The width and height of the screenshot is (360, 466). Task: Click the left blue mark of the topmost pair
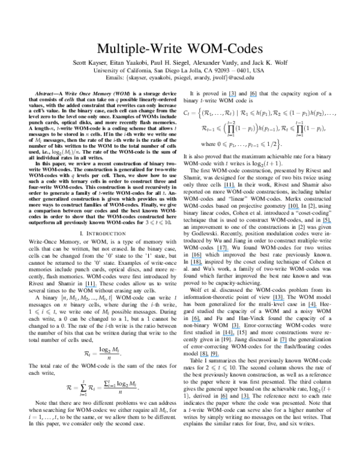233,96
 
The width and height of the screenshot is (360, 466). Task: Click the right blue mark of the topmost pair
253,96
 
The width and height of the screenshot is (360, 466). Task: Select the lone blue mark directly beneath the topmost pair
229,187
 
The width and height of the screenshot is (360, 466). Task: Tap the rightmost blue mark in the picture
327,223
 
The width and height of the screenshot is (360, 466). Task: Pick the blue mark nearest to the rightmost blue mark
293,208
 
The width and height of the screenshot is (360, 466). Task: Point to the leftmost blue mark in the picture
91,287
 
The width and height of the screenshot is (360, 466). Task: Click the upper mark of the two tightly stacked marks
196,258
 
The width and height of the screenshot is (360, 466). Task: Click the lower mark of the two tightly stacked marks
196,264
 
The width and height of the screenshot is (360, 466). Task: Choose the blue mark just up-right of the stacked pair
223,251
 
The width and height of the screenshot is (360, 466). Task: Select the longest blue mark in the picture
209,356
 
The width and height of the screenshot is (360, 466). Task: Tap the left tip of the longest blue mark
200,356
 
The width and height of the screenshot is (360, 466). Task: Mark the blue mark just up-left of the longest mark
196,321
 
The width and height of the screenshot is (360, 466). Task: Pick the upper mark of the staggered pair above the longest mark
236,328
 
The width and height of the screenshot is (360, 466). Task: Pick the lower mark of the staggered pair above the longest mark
229,335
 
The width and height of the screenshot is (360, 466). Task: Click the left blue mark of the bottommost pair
224,399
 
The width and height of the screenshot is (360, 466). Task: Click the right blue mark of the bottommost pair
245,399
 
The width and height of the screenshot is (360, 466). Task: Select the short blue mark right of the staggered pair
283,342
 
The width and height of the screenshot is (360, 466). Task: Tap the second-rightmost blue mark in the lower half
278,300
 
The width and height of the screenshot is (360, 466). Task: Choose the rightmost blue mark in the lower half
313,307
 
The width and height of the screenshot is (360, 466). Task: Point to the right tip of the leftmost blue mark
97,287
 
